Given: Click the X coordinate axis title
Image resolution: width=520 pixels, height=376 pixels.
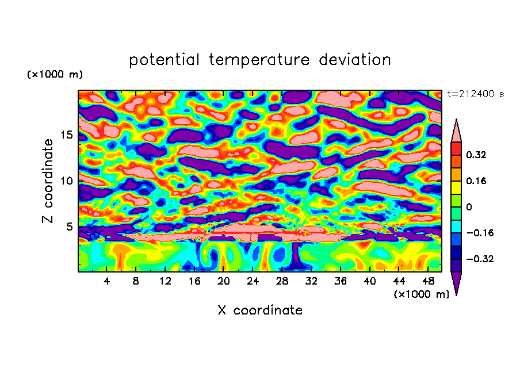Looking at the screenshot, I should [x=260, y=310].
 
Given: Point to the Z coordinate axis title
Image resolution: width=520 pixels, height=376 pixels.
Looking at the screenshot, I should [x=48, y=181].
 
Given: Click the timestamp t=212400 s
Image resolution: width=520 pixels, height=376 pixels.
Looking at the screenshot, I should [x=475, y=94].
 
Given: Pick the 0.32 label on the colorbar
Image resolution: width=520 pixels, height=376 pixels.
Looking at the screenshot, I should [x=476, y=155].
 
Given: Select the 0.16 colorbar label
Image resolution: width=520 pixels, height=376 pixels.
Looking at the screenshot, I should [x=476, y=181].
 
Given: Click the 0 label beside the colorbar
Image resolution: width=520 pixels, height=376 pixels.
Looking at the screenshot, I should [x=469, y=207].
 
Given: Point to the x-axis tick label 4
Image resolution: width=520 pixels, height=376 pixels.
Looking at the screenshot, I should [x=107, y=282].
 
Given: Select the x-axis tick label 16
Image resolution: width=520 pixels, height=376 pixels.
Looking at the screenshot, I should [x=194, y=282].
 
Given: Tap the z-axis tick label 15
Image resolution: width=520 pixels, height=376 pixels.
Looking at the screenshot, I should [x=67, y=135].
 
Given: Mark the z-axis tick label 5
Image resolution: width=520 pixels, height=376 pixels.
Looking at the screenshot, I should [x=70, y=227].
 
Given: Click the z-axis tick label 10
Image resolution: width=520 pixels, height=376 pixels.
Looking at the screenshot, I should [x=67, y=181].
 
